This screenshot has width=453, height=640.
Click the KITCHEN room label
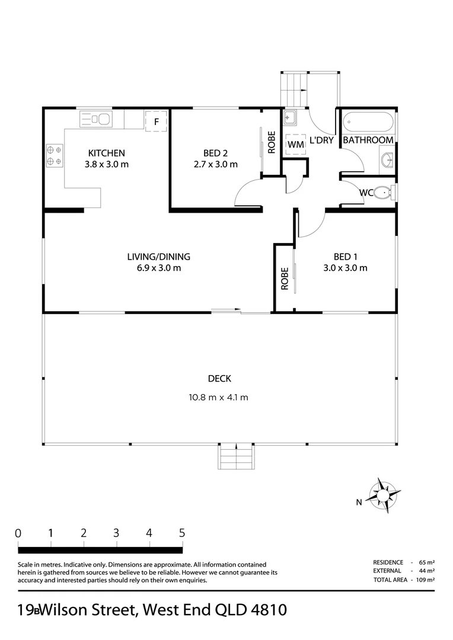[x=107, y=152]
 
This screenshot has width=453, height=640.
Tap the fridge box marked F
[x=156, y=121]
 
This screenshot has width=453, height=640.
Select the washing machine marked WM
[x=295, y=145]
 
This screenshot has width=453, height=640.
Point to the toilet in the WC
[x=384, y=192]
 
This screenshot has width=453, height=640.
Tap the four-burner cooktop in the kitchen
[x=55, y=155]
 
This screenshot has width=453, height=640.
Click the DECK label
[x=219, y=379]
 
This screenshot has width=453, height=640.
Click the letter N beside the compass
[x=359, y=503]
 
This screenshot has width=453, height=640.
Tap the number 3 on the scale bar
[x=116, y=532]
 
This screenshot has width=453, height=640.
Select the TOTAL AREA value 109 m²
[x=425, y=580]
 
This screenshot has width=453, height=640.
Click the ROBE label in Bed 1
[x=285, y=279]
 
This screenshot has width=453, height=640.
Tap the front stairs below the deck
[x=237, y=456]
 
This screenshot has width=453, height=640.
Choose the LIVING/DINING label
[x=158, y=257]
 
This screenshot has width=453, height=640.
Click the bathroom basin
[x=387, y=158]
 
